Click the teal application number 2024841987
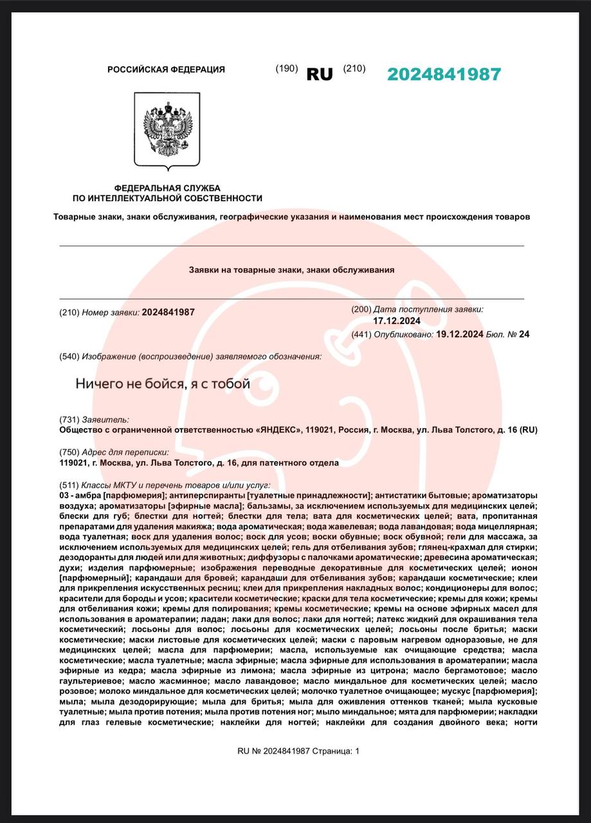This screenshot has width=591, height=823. (444, 75)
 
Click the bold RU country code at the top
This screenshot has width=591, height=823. (320, 75)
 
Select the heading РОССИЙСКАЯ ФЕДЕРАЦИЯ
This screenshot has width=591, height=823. (166, 69)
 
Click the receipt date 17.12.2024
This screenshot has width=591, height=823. (397, 321)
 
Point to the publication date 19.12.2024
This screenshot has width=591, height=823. (459, 334)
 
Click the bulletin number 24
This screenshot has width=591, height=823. (524, 334)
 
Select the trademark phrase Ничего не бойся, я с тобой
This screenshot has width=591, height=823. (163, 384)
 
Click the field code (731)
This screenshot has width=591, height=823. (69, 419)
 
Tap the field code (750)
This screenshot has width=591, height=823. (69, 453)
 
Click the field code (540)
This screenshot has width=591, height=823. (69, 356)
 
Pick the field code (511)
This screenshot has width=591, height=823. (69, 485)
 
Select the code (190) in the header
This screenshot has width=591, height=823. (286, 69)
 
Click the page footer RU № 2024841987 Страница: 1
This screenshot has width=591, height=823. (298, 750)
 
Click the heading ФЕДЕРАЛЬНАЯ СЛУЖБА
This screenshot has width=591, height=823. (167, 187)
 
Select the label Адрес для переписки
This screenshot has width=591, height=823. (125, 453)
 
